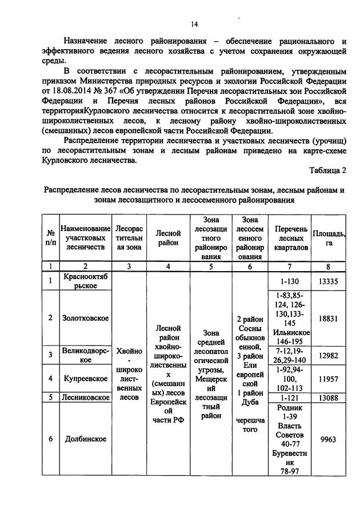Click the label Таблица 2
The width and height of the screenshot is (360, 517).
pyautogui.click(x=328, y=170)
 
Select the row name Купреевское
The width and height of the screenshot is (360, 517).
pyautogui.click(x=86, y=379)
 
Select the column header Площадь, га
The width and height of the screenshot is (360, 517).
pyautogui.click(x=328, y=238)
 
